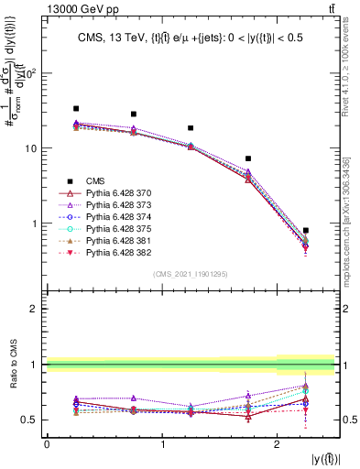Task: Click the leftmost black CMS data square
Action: pos(76,108)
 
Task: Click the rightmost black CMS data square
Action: pos(305,231)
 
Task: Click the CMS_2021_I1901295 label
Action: pos(190,274)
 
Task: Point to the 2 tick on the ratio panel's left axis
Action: pos(37,309)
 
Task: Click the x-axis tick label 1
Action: pos(163,443)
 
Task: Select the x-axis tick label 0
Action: pos(47,443)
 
